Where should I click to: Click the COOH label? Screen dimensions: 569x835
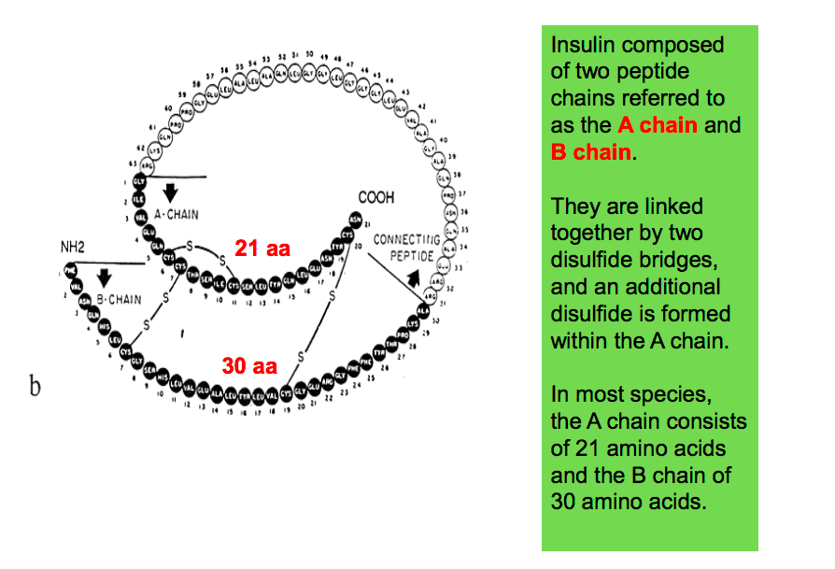point(376,198)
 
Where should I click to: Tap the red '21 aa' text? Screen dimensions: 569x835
point(262,249)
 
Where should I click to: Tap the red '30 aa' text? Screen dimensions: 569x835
point(249,365)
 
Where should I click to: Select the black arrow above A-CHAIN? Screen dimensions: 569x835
point(170,193)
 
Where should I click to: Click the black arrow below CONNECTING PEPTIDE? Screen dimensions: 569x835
point(411,279)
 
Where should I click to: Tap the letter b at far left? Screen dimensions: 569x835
point(35,387)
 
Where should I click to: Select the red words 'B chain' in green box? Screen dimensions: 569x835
point(591,151)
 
